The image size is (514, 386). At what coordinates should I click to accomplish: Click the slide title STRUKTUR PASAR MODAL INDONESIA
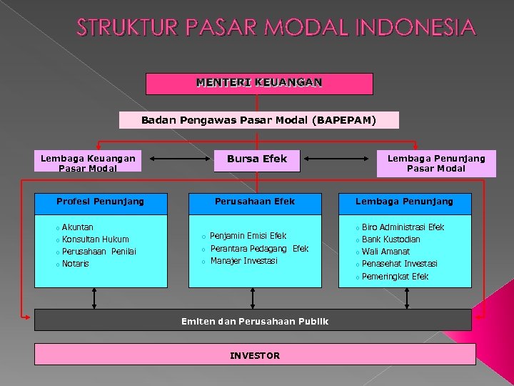[276, 28]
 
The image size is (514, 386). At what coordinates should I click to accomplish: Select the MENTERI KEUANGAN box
[259, 83]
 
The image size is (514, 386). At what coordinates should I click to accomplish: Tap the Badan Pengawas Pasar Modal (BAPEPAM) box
[258, 120]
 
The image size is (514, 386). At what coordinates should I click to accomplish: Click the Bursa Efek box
[257, 159]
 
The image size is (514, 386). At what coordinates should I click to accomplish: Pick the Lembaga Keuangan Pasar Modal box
[88, 162]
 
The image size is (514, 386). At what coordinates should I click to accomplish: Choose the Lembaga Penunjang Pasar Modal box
[435, 162]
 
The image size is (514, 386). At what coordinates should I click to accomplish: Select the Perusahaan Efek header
[255, 202]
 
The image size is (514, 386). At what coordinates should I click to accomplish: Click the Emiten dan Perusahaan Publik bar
[253, 321]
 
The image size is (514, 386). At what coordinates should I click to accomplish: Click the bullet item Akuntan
[77, 227]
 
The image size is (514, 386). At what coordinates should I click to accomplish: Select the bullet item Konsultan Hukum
[95, 239]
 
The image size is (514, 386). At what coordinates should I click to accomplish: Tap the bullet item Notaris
[76, 264]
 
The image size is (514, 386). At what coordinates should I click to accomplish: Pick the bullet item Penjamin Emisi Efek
[248, 236]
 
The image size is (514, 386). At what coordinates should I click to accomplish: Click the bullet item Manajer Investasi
[243, 261]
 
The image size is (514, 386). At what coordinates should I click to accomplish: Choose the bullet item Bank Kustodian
[390, 239]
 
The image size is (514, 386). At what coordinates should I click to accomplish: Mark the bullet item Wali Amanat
[385, 252]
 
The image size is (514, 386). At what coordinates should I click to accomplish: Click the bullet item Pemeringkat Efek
[395, 277]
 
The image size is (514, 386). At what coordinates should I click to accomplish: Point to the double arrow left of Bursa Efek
[173, 159]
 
